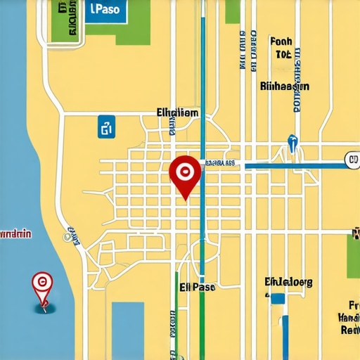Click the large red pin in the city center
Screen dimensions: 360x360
(x=185, y=172)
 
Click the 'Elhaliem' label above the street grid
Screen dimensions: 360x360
(x=177, y=112)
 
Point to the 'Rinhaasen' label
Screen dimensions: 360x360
(x=284, y=86)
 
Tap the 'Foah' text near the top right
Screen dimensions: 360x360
(x=281, y=41)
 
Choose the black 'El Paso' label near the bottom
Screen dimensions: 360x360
(x=198, y=287)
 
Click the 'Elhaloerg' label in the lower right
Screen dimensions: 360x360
(x=288, y=282)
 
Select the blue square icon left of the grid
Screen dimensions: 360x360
(x=105, y=127)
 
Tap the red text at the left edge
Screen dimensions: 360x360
(x=15, y=234)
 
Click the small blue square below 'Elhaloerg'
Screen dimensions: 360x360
(x=278, y=299)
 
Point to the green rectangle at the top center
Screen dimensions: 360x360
(x=233, y=11)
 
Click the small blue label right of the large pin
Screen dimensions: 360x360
(x=219, y=164)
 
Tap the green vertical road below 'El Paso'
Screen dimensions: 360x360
(x=202, y=323)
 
